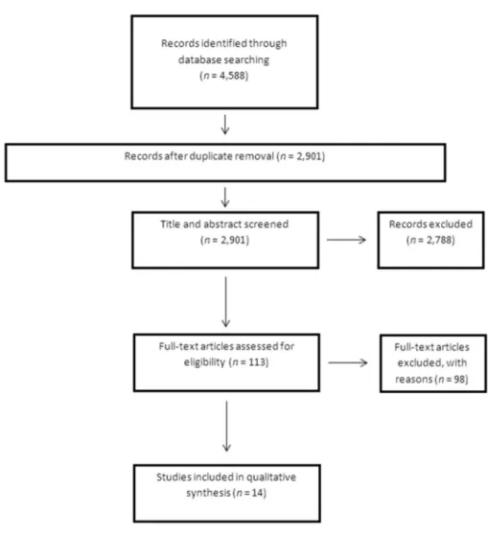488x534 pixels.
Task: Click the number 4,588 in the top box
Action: click(232, 76)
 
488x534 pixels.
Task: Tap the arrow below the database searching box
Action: click(224, 125)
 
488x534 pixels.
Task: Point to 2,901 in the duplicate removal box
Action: click(309, 156)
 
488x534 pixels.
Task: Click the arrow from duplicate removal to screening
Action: click(224, 197)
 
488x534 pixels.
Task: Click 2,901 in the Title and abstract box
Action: click(234, 240)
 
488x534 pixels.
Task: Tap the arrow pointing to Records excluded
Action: click(346, 240)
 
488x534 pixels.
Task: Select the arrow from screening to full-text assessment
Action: click(225, 302)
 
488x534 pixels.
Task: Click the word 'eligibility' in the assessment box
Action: click(204, 362)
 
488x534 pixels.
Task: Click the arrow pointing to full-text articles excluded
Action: click(348, 362)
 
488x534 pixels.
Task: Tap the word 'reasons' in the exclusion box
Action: click(414, 379)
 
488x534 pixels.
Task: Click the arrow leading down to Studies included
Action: click(226, 427)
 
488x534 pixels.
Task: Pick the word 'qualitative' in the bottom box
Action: click(271, 477)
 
